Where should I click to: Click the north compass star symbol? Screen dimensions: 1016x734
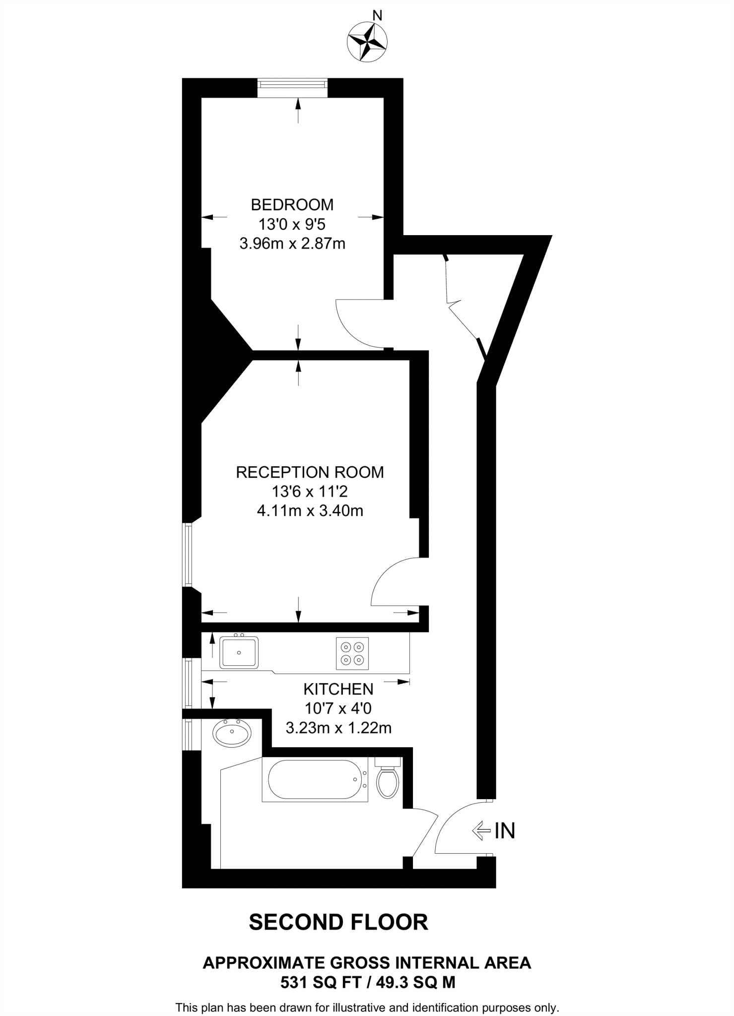(x=367, y=43)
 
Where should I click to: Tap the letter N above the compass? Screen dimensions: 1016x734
(x=377, y=16)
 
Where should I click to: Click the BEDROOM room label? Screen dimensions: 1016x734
(x=292, y=204)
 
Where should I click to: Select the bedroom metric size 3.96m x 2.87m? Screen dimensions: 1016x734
(x=292, y=244)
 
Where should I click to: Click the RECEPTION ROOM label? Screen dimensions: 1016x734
(x=310, y=472)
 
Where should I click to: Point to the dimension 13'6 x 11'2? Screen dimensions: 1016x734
(x=310, y=492)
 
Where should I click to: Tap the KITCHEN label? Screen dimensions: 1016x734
(x=338, y=689)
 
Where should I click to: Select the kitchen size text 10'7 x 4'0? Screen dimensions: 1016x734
(x=338, y=708)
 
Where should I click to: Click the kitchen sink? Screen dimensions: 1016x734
(x=239, y=652)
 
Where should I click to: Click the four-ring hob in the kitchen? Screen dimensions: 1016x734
(x=352, y=653)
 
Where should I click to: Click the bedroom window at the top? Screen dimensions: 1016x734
(x=292, y=88)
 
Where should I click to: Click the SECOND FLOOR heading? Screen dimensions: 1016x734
(x=338, y=923)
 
